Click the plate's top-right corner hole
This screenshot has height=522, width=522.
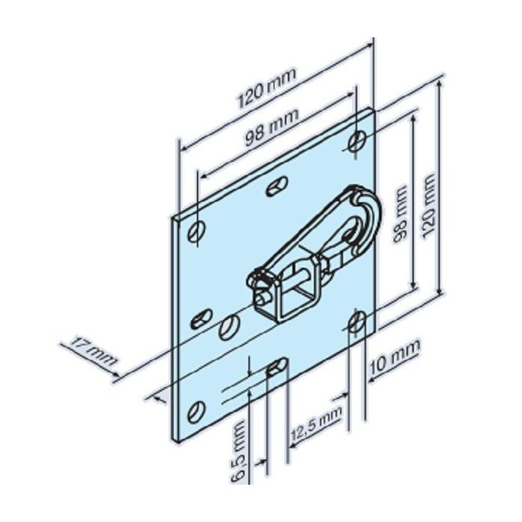tap(357, 141)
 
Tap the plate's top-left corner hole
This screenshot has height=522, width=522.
tap(196, 230)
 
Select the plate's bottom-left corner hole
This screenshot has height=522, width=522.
tap(198, 409)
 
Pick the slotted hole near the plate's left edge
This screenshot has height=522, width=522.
tap(202, 321)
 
